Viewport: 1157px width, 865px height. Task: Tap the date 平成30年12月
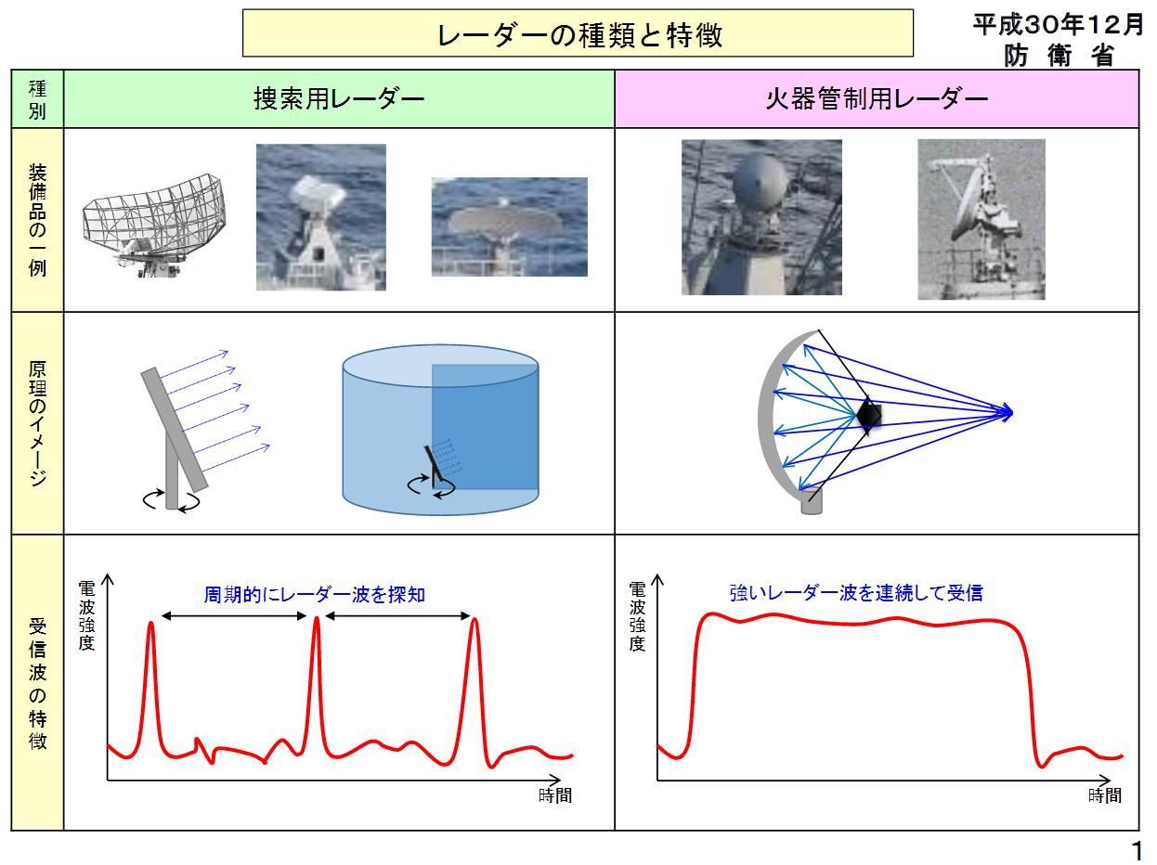pyautogui.click(x=1058, y=25)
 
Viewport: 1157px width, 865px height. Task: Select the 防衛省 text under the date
pyautogui.click(x=1058, y=55)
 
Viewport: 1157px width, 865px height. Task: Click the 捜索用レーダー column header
pyautogui.click(x=339, y=98)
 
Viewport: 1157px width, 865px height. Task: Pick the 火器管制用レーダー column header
pyautogui.click(x=876, y=98)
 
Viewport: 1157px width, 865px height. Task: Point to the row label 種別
pyautogui.click(x=38, y=100)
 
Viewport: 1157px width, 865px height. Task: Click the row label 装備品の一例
pyautogui.click(x=38, y=220)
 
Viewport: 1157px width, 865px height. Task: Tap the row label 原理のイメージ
pyautogui.click(x=38, y=422)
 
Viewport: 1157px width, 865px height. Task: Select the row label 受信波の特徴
pyautogui.click(x=38, y=682)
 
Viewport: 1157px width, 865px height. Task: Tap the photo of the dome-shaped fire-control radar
pyautogui.click(x=761, y=217)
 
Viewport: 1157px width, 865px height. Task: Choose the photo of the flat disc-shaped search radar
pyautogui.click(x=509, y=226)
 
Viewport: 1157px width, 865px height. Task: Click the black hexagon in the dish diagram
pyautogui.click(x=868, y=415)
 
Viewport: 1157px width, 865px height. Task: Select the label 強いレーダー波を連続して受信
pyautogui.click(x=855, y=592)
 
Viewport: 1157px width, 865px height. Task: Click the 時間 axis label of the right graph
pyautogui.click(x=1105, y=795)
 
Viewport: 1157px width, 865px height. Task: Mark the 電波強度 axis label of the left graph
pyautogui.click(x=86, y=613)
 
